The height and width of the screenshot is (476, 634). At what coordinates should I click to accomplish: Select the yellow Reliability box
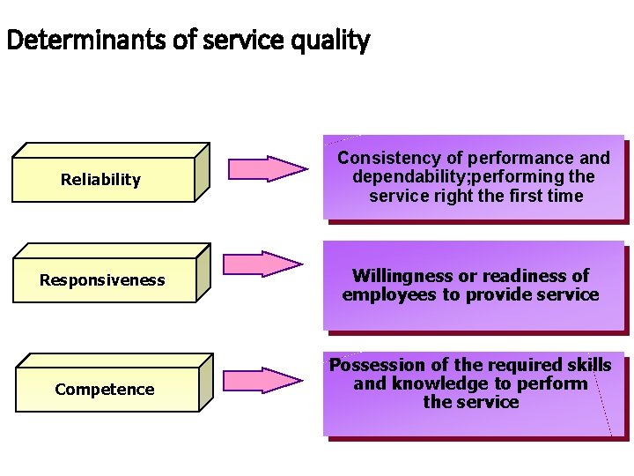101,180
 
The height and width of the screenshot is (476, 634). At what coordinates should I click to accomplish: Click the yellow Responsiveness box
102,280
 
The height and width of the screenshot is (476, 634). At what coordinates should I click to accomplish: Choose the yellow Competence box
104,390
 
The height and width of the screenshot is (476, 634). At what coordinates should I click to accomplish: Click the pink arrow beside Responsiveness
262,264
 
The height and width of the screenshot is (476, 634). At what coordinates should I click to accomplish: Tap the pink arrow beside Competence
262,380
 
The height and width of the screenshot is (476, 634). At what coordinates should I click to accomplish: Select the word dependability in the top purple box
406,177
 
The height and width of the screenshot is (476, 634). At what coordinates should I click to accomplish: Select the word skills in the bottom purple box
588,365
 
